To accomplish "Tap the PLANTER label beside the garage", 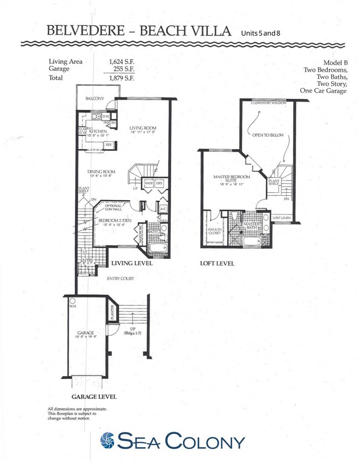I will (x=113, y=314).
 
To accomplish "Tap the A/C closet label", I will (x=164, y=209).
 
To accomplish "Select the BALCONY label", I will (x=95, y=99).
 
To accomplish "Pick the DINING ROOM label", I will (x=101, y=172).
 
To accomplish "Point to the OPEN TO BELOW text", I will (x=264, y=135).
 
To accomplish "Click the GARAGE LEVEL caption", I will (x=94, y=397).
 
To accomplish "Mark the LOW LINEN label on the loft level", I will (x=282, y=218).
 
